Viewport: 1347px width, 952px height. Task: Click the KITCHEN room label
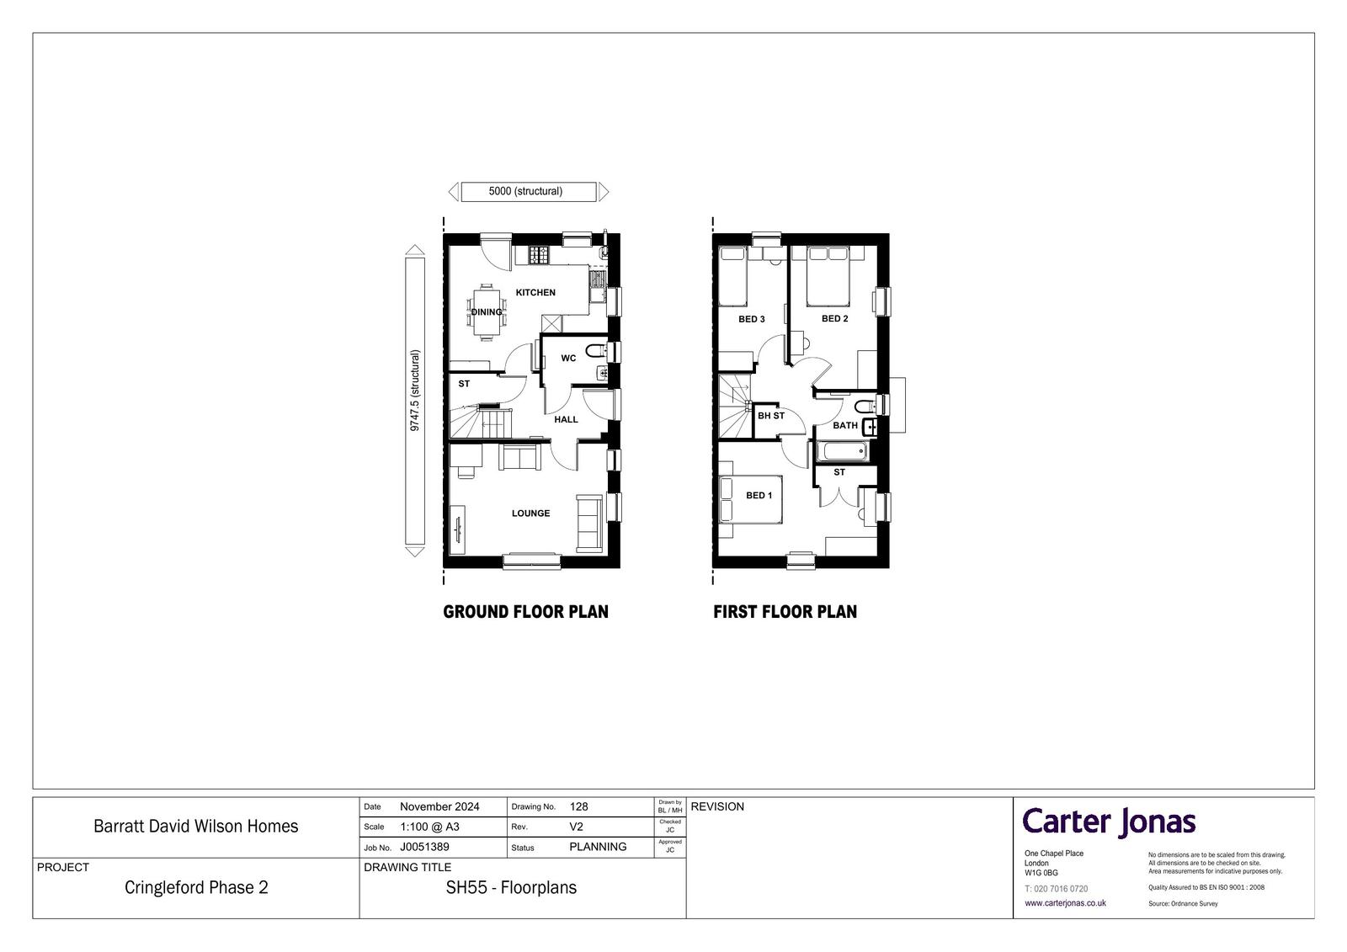[535, 292]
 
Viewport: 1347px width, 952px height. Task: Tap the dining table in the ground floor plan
[487, 312]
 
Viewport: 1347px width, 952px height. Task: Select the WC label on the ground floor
[568, 358]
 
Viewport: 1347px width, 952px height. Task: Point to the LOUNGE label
[530, 513]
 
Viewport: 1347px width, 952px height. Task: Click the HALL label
[566, 419]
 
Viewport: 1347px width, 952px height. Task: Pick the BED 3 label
[752, 319]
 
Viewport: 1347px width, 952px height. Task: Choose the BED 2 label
[834, 318]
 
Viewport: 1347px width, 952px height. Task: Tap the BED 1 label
[759, 495]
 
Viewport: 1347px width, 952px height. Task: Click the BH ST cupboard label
[771, 416]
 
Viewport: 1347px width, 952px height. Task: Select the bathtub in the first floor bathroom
[842, 451]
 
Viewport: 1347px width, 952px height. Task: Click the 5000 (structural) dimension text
[525, 191]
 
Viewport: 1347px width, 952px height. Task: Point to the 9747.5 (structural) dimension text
[414, 391]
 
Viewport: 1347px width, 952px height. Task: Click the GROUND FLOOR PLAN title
[525, 612]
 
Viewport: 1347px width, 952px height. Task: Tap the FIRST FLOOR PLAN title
[785, 612]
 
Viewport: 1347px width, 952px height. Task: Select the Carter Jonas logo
[1109, 822]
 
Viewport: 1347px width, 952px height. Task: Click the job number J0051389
[424, 847]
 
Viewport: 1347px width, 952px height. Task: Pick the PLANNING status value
[598, 847]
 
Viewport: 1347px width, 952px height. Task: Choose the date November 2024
[439, 806]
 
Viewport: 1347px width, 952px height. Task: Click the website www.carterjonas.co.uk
[1065, 902]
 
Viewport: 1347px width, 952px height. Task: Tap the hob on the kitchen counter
[539, 254]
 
